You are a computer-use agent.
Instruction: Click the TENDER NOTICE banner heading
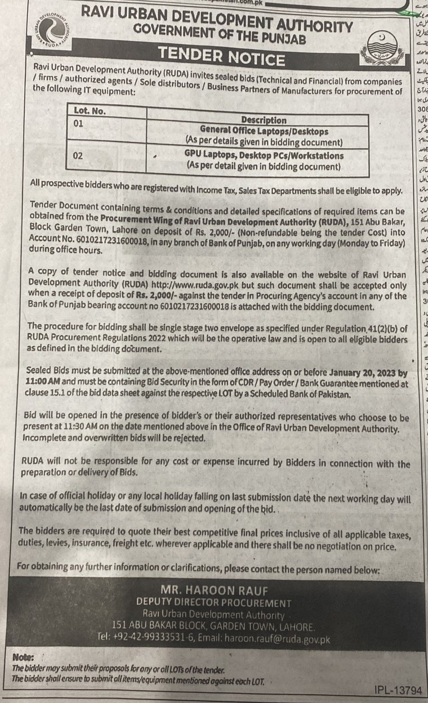coord(221,58)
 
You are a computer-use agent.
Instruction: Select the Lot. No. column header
coord(90,110)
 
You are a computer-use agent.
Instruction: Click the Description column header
coord(264,120)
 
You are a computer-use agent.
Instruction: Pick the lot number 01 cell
coord(79,122)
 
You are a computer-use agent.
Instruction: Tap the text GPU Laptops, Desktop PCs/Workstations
coord(264,155)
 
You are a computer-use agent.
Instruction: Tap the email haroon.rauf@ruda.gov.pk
coord(277,639)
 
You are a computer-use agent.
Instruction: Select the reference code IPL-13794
coord(398,689)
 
